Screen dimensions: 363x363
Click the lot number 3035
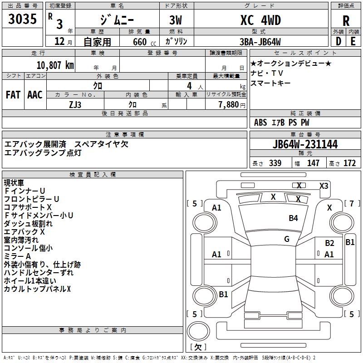[x=22, y=20]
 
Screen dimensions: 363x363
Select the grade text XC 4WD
[x=260, y=20]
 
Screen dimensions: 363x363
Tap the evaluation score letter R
[x=346, y=21]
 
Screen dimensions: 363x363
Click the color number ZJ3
[x=75, y=104]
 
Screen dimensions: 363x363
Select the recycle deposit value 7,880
[x=228, y=104]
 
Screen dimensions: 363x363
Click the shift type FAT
[x=13, y=95]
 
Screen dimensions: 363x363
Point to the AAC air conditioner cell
[x=34, y=95]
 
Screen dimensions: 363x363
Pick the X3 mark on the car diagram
[x=324, y=186]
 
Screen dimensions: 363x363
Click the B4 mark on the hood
[x=293, y=218]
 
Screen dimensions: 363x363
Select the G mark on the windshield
[x=287, y=239]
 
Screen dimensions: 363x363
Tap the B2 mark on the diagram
[x=329, y=243]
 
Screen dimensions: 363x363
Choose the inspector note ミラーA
[x=17, y=256]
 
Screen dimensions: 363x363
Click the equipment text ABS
[x=260, y=122]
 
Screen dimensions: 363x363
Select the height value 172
[x=349, y=163]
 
